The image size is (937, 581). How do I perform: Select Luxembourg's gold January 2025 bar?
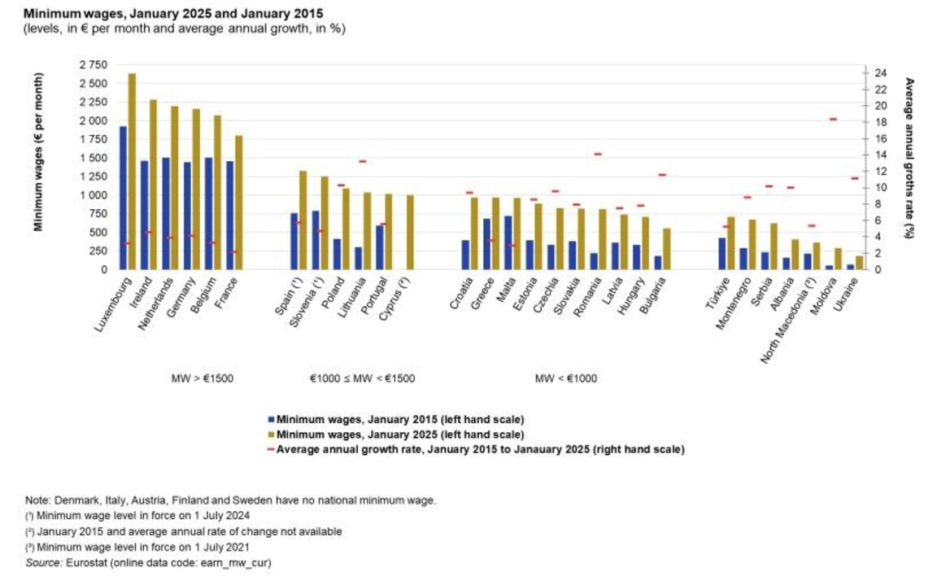pyautogui.click(x=132, y=171)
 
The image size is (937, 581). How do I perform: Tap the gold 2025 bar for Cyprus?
pyautogui.click(x=410, y=232)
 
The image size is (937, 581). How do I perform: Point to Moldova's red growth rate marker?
pyautogui.click(x=833, y=120)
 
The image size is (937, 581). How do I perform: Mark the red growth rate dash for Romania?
pyautogui.click(x=598, y=154)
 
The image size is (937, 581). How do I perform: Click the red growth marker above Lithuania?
pyautogui.click(x=363, y=161)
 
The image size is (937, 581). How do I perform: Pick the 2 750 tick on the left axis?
pyautogui.click(x=93, y=64)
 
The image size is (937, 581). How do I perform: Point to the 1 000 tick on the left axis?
pyautogui.click(x=93, y=195)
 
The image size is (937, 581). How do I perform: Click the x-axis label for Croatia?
pyautogui.click(x=460, y=296)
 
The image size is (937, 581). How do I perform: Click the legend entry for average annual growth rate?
pyautogui.click(x=480, y=449)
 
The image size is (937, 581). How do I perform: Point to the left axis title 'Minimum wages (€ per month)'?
pyautogui.click(x=38, y=152)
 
